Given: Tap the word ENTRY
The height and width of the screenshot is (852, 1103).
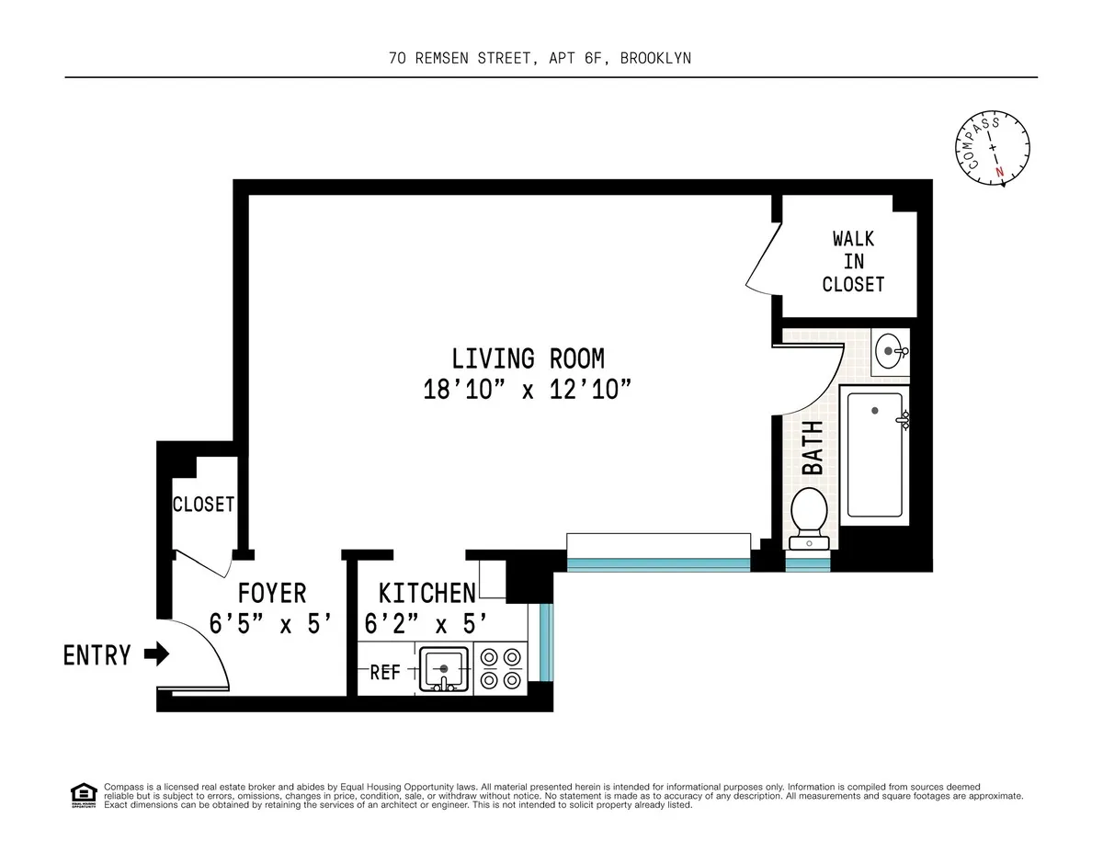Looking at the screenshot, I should [97, 655].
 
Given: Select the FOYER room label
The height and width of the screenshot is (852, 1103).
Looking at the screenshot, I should [271, 593].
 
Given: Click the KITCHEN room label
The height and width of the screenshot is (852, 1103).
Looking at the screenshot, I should [427, 593].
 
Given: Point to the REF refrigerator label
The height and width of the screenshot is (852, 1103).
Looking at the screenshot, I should [384, 673].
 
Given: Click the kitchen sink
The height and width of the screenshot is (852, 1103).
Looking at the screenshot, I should [444, 669].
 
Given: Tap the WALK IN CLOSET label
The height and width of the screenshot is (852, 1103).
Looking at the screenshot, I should [853, 261].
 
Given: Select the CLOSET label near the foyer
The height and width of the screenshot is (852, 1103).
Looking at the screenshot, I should [204, 505].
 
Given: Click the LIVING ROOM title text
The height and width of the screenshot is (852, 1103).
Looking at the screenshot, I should [528, 358].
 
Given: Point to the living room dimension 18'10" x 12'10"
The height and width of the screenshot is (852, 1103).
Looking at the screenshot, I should [528, 389].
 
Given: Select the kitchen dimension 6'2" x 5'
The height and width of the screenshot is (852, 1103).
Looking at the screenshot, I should [424, 624].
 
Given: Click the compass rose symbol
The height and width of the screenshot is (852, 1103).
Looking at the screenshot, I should [993, 149].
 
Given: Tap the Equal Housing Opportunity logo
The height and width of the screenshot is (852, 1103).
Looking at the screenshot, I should [83, 794].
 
